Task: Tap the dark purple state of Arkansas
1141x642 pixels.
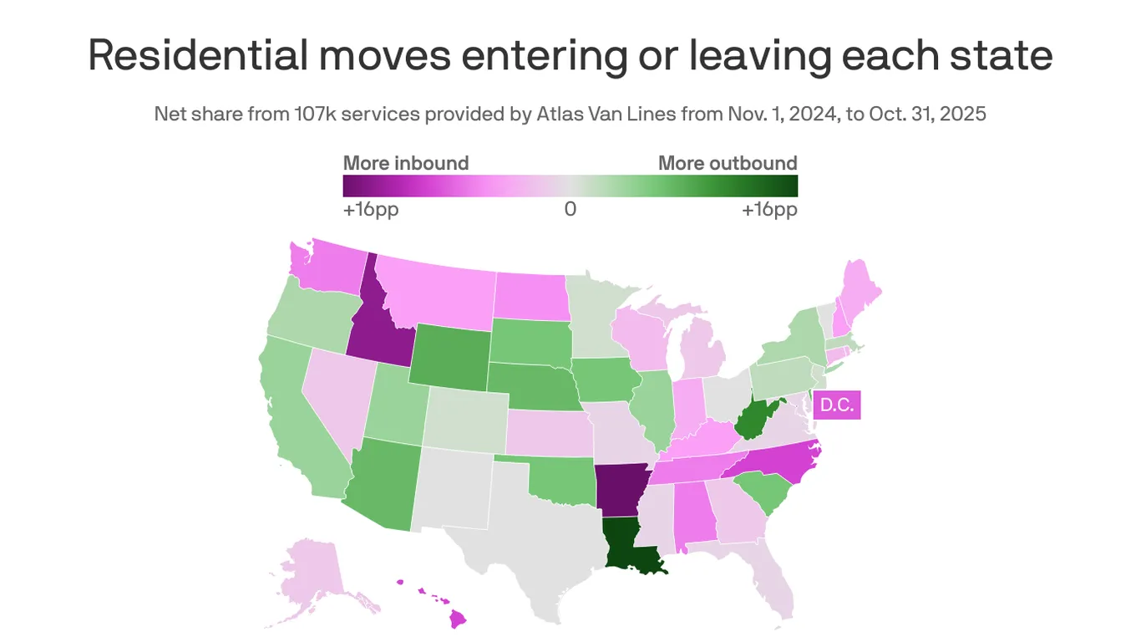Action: click(x=621, y=489)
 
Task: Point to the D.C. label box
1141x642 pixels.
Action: click(x=836, y=405)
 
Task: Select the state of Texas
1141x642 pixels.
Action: click(x=535, y=535)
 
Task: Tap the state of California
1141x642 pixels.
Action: click(x=292, y=418)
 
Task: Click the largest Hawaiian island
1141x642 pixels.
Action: click(x=458, y=618)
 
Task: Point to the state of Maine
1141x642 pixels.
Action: click(x=860, y=288)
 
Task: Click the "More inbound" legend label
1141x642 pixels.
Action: click(x=406, y=163)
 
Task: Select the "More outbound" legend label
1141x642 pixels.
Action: click(x=728, y=163)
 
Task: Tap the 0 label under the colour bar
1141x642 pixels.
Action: click(x=570, y=209)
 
